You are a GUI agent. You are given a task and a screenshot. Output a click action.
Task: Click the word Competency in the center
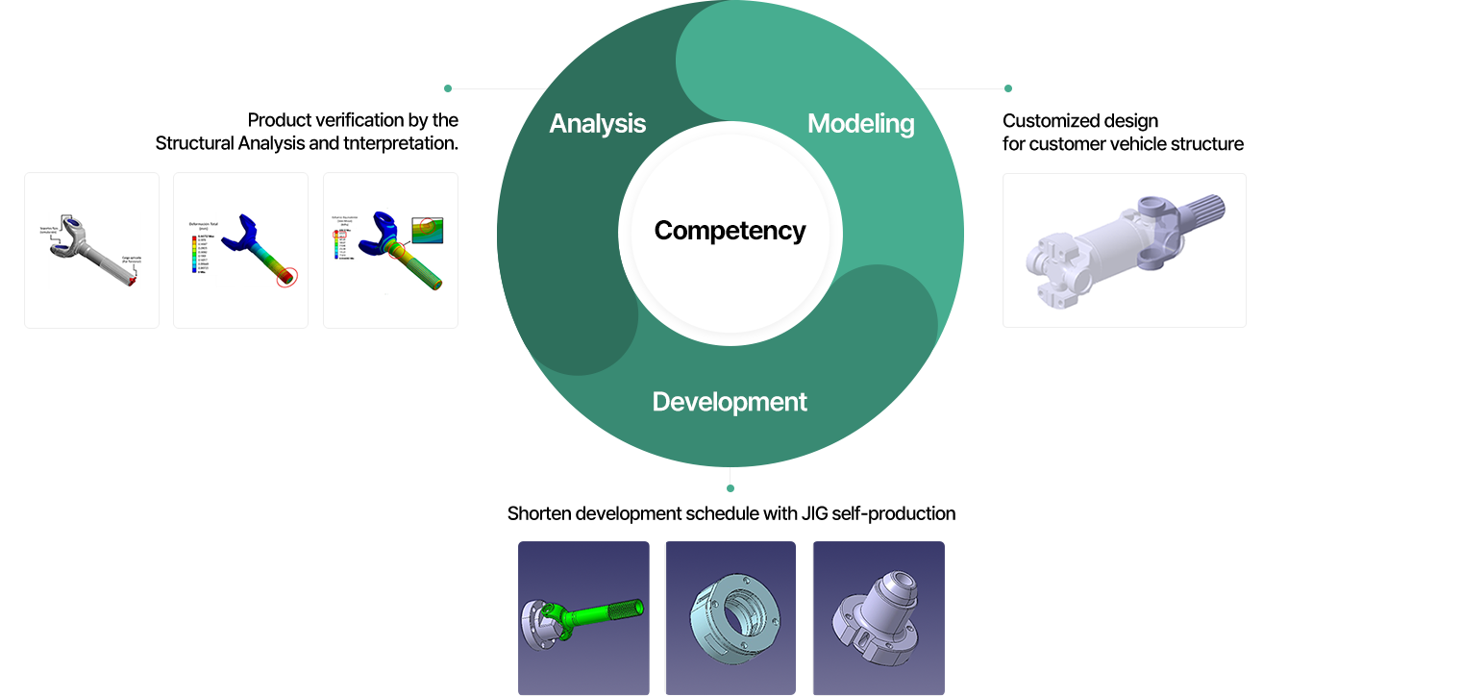[x=730, y=231]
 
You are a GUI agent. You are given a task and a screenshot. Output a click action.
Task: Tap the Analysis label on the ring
[x=597, y=123]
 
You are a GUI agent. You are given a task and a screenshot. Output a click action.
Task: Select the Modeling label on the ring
[x=860, y=123]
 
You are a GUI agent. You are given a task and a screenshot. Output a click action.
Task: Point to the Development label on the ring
[x=730, y=401]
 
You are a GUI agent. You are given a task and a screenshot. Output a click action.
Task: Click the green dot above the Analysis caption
[x=448, y=88]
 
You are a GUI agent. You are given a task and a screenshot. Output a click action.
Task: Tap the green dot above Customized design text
[x=1008, y=88]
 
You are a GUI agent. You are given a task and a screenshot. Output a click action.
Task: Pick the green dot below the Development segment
[x=730, y=488]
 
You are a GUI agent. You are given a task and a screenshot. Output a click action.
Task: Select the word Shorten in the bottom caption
[x=539, y=513]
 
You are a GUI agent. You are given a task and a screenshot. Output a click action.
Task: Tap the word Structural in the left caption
[x=195, y=144]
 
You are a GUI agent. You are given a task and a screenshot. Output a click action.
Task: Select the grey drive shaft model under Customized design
[x=1124, y=247]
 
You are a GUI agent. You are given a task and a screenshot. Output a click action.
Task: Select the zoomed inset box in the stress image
[x=428, y=231]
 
